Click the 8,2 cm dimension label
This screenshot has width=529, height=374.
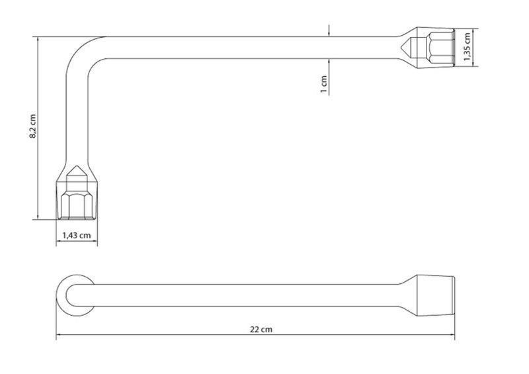coord(32,126)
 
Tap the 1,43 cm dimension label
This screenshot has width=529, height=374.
coord(77,235)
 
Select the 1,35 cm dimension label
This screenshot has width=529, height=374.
coord(467,47)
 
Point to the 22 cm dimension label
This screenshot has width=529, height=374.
coord(261,329)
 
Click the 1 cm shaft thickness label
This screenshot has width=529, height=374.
coord(323,84)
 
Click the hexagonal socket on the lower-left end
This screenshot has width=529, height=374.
coord(77,206)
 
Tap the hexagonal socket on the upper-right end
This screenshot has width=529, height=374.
coord(440,47)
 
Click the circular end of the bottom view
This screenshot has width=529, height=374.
coord(75,295)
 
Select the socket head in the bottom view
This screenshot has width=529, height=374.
coord(436,296)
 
